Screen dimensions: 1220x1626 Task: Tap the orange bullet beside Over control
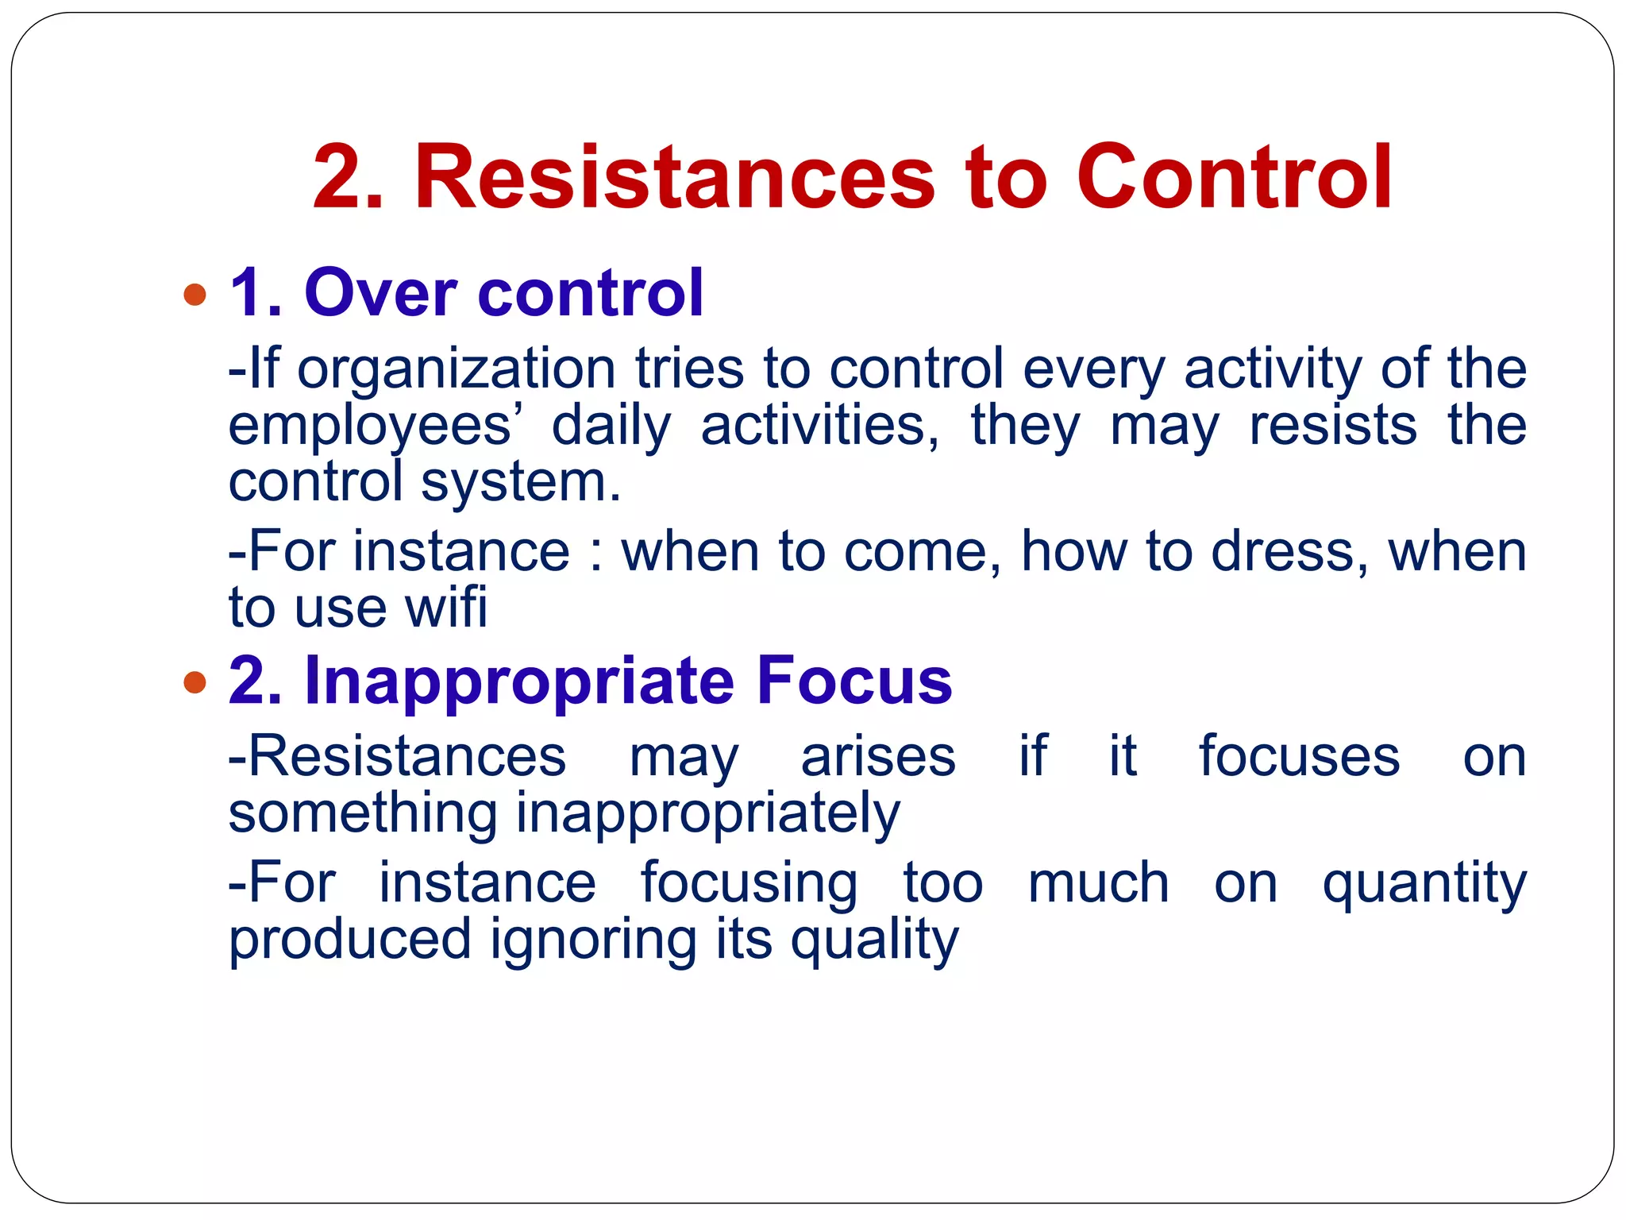tap(195, 295)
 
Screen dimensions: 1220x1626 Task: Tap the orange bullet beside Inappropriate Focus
tap(195, 681)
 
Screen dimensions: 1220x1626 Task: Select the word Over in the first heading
tap(380, 293)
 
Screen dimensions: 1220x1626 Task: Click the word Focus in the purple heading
tap(853, 680)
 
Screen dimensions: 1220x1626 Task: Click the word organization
tap(457, 369)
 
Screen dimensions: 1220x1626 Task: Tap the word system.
tap(520, 483)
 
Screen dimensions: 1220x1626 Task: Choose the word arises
tap(878, 756)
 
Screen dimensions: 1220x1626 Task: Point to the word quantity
tap(1424, 884)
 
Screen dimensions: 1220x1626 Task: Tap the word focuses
tap(1299, 756)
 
